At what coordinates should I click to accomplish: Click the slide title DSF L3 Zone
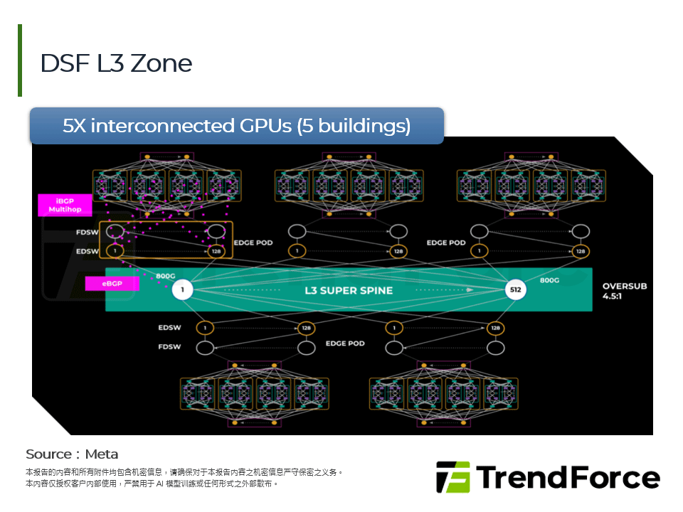(x=116, y=63)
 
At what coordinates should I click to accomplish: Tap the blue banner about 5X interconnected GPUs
(x=237, y=126)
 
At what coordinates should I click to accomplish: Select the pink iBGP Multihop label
(x=65, y=206)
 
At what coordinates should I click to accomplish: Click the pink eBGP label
(x=111, y=284)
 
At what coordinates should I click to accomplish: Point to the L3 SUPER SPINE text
(x=349, y=290)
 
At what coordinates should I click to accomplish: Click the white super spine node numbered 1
(x=183, y=290)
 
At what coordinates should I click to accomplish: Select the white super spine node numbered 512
(x=515, y=290)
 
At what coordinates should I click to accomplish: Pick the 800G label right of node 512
(x=549, y=280)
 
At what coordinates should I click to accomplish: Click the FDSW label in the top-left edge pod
(x=88, y=233)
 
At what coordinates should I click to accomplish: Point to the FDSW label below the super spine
(x=169, y=347)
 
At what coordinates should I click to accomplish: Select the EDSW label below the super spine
(x=169, y=328)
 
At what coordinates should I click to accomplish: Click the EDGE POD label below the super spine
(x=345, y=343)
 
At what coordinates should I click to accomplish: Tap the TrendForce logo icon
(x=452, y=477)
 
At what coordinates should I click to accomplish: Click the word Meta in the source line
(x=102, y=454)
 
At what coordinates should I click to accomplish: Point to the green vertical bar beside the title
(x=20, y=60)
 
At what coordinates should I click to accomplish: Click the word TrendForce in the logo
(x=568, y=477)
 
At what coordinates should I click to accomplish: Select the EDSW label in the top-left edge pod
(x=88, y=251)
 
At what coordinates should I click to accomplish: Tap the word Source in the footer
(x=48, y=454)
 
